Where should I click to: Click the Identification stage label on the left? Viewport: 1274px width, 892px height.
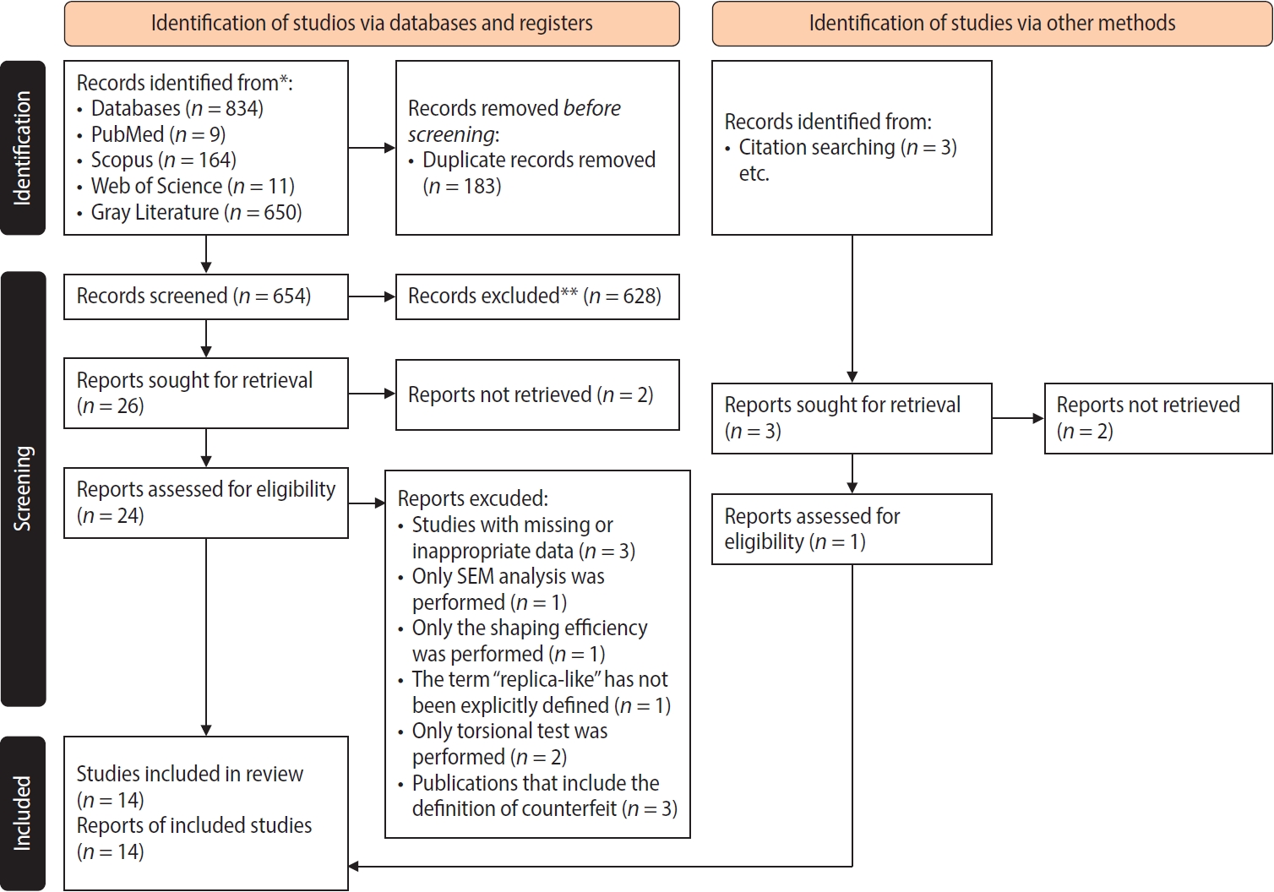(x=23, y=148)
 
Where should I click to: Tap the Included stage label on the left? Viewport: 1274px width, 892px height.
(x=23, y=813)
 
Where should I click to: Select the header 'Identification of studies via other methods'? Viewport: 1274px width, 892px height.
(x=992, y=24)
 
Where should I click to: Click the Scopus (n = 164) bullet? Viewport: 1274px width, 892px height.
(x=163, y=160)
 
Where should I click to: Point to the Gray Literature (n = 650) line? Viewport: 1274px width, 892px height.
(x=196, y=212)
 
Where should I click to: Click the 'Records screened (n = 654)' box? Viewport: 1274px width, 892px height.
(x=205, y=296)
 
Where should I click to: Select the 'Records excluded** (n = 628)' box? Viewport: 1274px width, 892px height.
(x=536, y=296)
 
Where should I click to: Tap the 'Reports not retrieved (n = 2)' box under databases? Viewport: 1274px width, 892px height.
(x=536, y=395)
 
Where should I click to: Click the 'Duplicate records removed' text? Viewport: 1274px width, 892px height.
(x=538, y=160)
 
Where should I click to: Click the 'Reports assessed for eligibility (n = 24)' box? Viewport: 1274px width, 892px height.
(x=205, y=503)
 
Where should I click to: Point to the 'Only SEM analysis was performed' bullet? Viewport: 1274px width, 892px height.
(x=507, y=590)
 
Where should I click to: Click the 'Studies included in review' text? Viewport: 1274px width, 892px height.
(x=189, y=774)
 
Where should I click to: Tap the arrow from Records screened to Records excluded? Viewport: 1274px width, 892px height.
(x=372, y=296)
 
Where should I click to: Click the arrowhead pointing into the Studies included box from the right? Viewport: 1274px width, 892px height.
(x=354, y=867)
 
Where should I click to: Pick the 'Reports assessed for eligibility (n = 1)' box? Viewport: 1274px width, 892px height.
(x=851, y=529)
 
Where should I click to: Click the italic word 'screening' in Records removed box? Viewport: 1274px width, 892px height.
(x=451, y=135)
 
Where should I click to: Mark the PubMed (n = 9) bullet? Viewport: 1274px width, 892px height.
(x=157, y=135)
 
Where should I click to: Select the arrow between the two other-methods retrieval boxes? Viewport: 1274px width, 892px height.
(x=1018, y=418)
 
